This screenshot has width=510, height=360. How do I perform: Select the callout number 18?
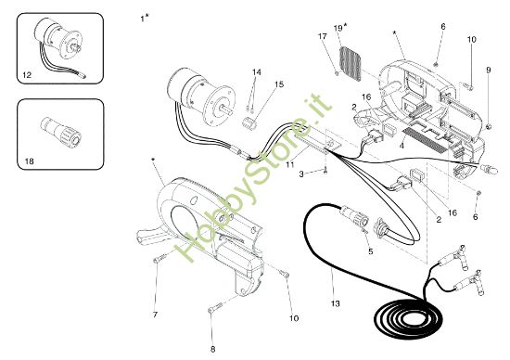click(x=30, y=161)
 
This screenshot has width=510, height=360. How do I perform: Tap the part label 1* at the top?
click(x=143, y=18)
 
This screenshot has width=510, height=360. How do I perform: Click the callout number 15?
click(x=278, y=84)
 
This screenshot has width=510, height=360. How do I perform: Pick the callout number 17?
click(x=323, y=36)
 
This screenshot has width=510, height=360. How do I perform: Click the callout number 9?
click(x=489, y=70)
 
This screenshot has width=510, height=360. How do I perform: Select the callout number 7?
click(x=155, y=315)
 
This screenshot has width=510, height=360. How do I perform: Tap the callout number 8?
click(x=212, y=348)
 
